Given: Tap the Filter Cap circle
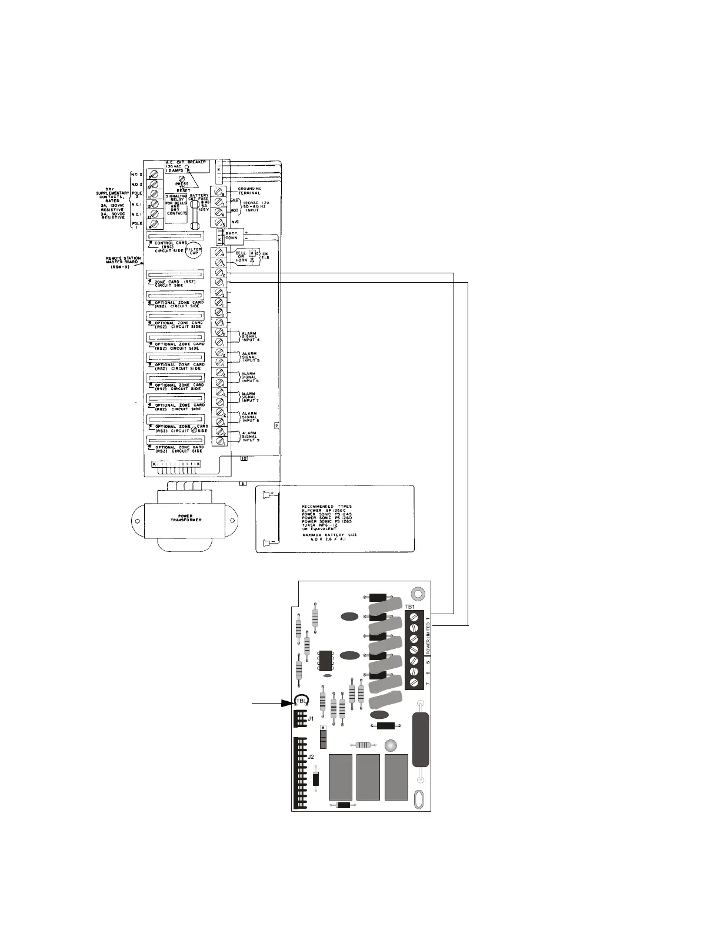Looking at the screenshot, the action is tap(194, 250).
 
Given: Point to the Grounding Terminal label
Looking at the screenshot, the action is tap(250, 190).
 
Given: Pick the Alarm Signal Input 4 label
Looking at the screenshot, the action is tap(250, 336).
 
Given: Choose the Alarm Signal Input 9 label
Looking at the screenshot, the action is tap(250, 436).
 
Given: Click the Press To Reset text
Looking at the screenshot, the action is tap(182, 187).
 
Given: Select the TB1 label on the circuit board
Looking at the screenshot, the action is tap(410, 606).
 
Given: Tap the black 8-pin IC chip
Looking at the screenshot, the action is tap(325, 661).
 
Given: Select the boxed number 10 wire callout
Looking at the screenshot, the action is tap(244, 458).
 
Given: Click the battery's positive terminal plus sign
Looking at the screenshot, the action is tap(272, 494).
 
